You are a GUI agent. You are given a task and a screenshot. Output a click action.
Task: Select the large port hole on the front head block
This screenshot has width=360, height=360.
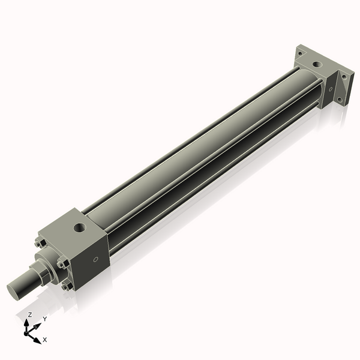click(78, 228)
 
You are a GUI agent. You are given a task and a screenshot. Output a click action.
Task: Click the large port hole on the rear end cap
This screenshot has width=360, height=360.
click(317, 63)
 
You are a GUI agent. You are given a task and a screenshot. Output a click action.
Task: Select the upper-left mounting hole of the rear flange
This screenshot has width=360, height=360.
click(299, 53)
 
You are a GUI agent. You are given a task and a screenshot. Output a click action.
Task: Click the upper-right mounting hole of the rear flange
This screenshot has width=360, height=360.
click(344, 76)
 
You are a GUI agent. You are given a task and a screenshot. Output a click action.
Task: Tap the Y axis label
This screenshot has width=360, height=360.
click(44, 319)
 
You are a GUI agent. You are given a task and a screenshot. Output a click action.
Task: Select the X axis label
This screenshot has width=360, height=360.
click(45, 340)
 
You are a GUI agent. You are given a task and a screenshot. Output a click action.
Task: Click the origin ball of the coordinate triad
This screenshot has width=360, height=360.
click(28, 332)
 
